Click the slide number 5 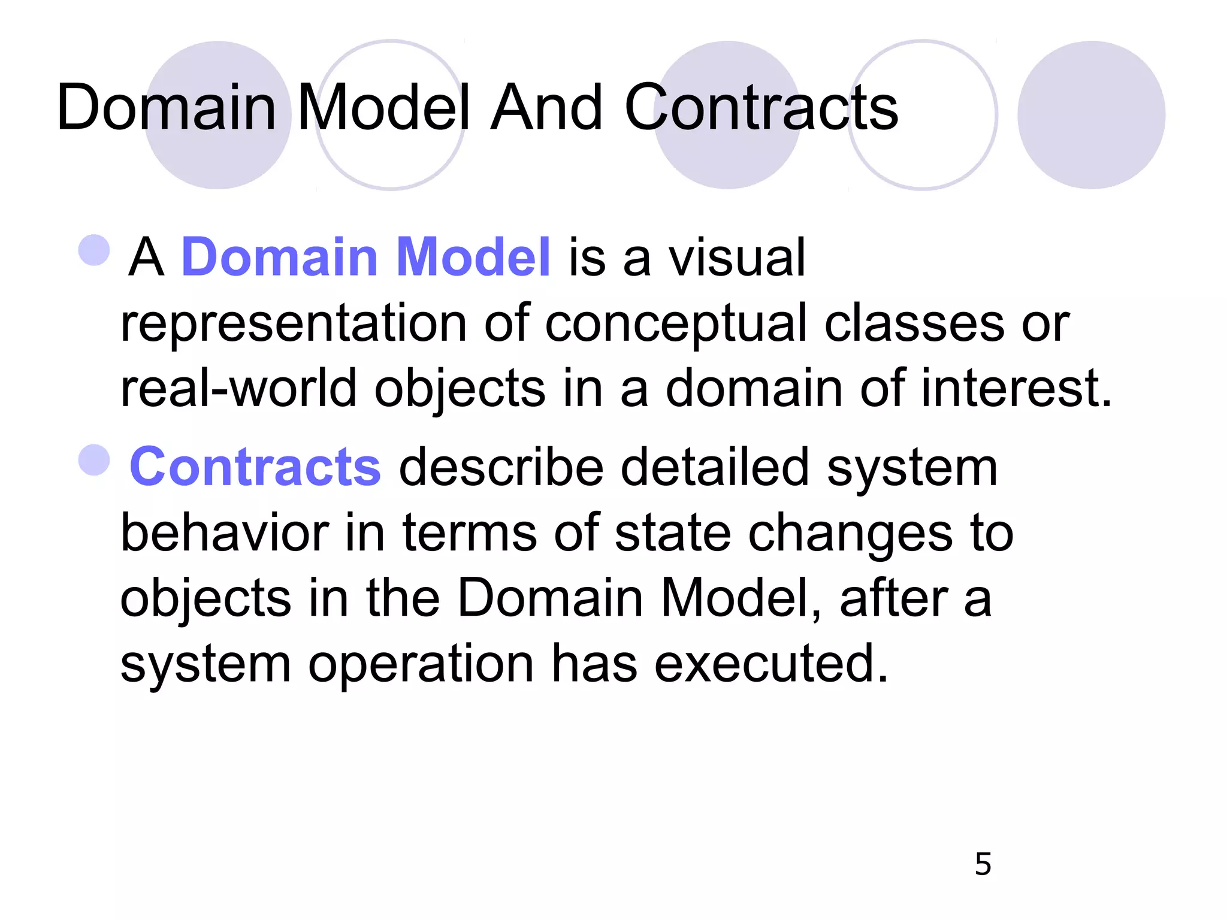[983, 864]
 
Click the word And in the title [546, 108]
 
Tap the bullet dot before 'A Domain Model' [95, 250]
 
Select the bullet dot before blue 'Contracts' [95, 460]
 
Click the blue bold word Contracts [255, 467]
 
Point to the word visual [736, 258]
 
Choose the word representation [294, 323]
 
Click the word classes [914, 323]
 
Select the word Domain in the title [167, 108]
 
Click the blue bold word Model [473, 258]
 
